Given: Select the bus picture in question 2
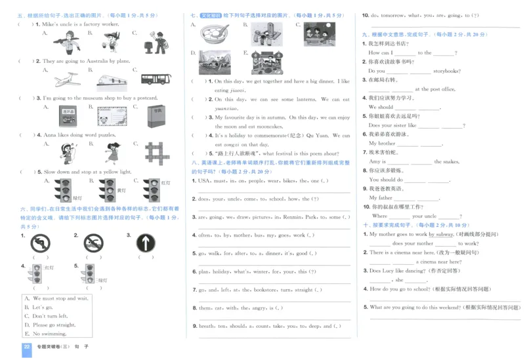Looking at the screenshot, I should pyautogui.click(x=154, y=79).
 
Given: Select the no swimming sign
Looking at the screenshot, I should pyautogui.click(x=93, y=244).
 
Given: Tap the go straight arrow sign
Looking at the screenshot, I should pyautogui.click(x=146, y=244).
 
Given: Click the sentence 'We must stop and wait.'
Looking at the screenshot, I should pyautogui.click(x=55, y=298).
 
